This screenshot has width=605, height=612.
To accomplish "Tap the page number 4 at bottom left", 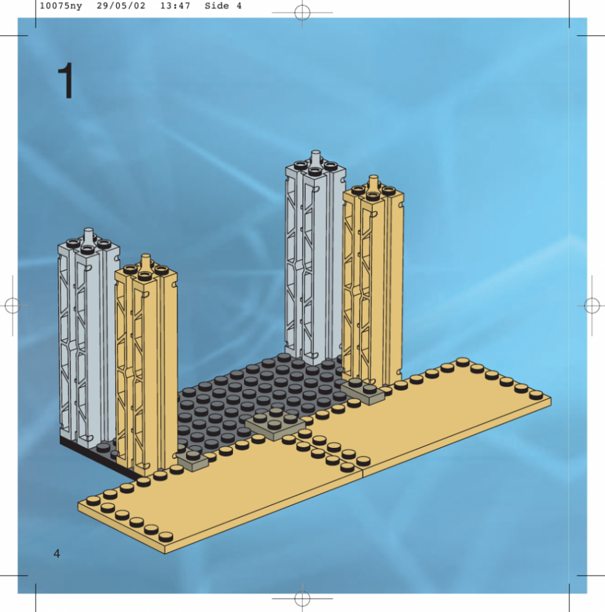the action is (x=57, y=553).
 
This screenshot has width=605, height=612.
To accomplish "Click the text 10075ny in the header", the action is (x=61, y=6).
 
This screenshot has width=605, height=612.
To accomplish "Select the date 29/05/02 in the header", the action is (x=121, y=6).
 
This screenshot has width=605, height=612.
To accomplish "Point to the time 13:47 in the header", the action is (x=175, y=6).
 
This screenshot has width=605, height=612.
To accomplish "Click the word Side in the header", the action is (x=217, y=6).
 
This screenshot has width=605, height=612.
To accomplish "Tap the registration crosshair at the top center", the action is (x=302, y=12).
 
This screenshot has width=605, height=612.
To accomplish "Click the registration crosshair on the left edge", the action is (x=12, y=305).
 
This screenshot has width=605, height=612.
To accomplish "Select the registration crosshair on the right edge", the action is (x=592, y=305).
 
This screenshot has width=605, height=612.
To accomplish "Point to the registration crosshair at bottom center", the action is (x=302, y=598).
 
